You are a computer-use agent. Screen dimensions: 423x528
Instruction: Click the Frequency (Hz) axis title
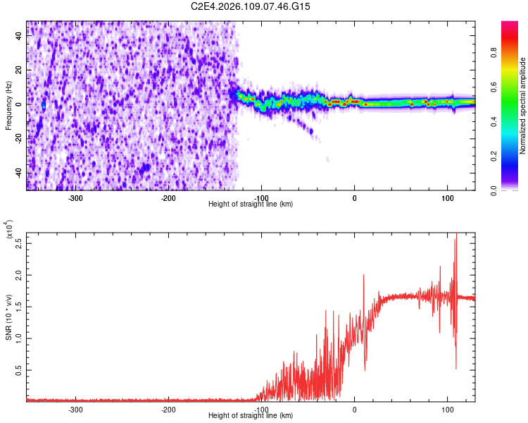(9, 105)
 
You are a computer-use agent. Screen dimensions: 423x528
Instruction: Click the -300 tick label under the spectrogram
(75, 198)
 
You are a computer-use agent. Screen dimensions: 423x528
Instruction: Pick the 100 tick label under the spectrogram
(447, 198)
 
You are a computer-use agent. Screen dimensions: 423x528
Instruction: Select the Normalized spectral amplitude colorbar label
(523, 106)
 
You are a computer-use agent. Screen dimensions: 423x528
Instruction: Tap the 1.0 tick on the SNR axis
(19, 338)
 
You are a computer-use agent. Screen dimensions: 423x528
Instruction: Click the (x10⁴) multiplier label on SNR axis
(9, 230)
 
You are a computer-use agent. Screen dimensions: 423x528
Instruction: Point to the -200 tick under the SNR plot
(168, 409)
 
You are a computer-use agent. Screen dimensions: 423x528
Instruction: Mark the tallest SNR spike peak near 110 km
(456, 235)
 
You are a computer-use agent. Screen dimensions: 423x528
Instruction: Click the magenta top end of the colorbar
(510, 24)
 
